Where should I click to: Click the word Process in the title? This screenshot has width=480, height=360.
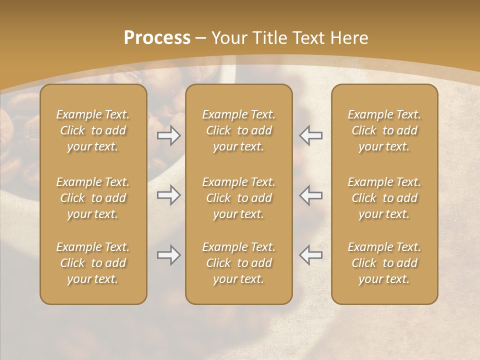[x=157, y=38]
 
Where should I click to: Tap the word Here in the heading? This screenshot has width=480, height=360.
[x=349, y=38]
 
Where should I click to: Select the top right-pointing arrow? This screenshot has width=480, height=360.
[x=169, y=135]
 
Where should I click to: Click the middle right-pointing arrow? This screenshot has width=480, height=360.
[x=169, y=195]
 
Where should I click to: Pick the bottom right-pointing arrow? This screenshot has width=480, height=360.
[x=169, y=255]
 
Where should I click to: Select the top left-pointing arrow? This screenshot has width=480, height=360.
[x=311, y=135]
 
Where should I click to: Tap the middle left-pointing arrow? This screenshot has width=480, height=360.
[x=311, y=195]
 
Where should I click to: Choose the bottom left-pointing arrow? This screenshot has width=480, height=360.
[x=311, y=255]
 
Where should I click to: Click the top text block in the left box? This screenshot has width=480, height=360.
[x=93, y=130]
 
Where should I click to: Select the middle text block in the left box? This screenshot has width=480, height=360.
[x=93, y=198]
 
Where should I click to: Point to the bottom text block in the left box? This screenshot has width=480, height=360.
[x=93, y=263]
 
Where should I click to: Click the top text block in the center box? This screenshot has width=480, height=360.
[x=239, y=130]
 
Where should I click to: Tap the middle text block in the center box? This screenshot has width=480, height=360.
[x=239, y=198]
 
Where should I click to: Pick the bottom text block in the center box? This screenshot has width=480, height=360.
[x=239, y=263]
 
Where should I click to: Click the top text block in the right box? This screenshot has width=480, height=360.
[x=384, y=130]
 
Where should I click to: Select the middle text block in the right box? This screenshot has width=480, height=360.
[x=384, y=198]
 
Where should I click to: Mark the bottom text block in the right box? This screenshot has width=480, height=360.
[x=384, y=263]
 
